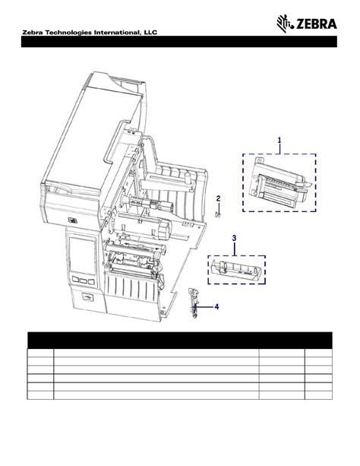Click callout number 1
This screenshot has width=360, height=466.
click(x=279, y=140)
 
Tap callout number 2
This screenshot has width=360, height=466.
click(x=218, y=198)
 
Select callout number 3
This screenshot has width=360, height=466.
click(x=235, y=238)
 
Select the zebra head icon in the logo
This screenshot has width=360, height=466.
click(x=283, y=25)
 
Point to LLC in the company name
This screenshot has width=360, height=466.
click(x=147, y=43)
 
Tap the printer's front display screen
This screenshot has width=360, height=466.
click(x=81, y=258)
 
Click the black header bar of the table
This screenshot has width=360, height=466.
click(x=180, y=339)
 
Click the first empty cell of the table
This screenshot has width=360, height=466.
click(x=39, y=353)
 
